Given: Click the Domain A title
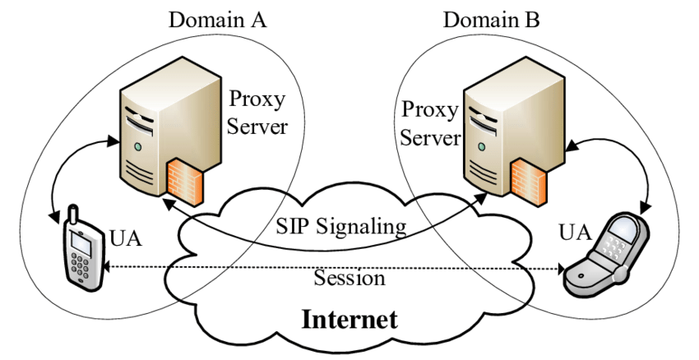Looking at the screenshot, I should click(217, 19).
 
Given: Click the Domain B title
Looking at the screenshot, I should click(492, 19).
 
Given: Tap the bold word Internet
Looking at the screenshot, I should click(349, 319).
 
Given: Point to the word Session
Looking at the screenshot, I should click(349, 279).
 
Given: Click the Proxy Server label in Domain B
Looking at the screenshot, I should click(428, 122).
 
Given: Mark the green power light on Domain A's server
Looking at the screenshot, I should click(138, 147).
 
